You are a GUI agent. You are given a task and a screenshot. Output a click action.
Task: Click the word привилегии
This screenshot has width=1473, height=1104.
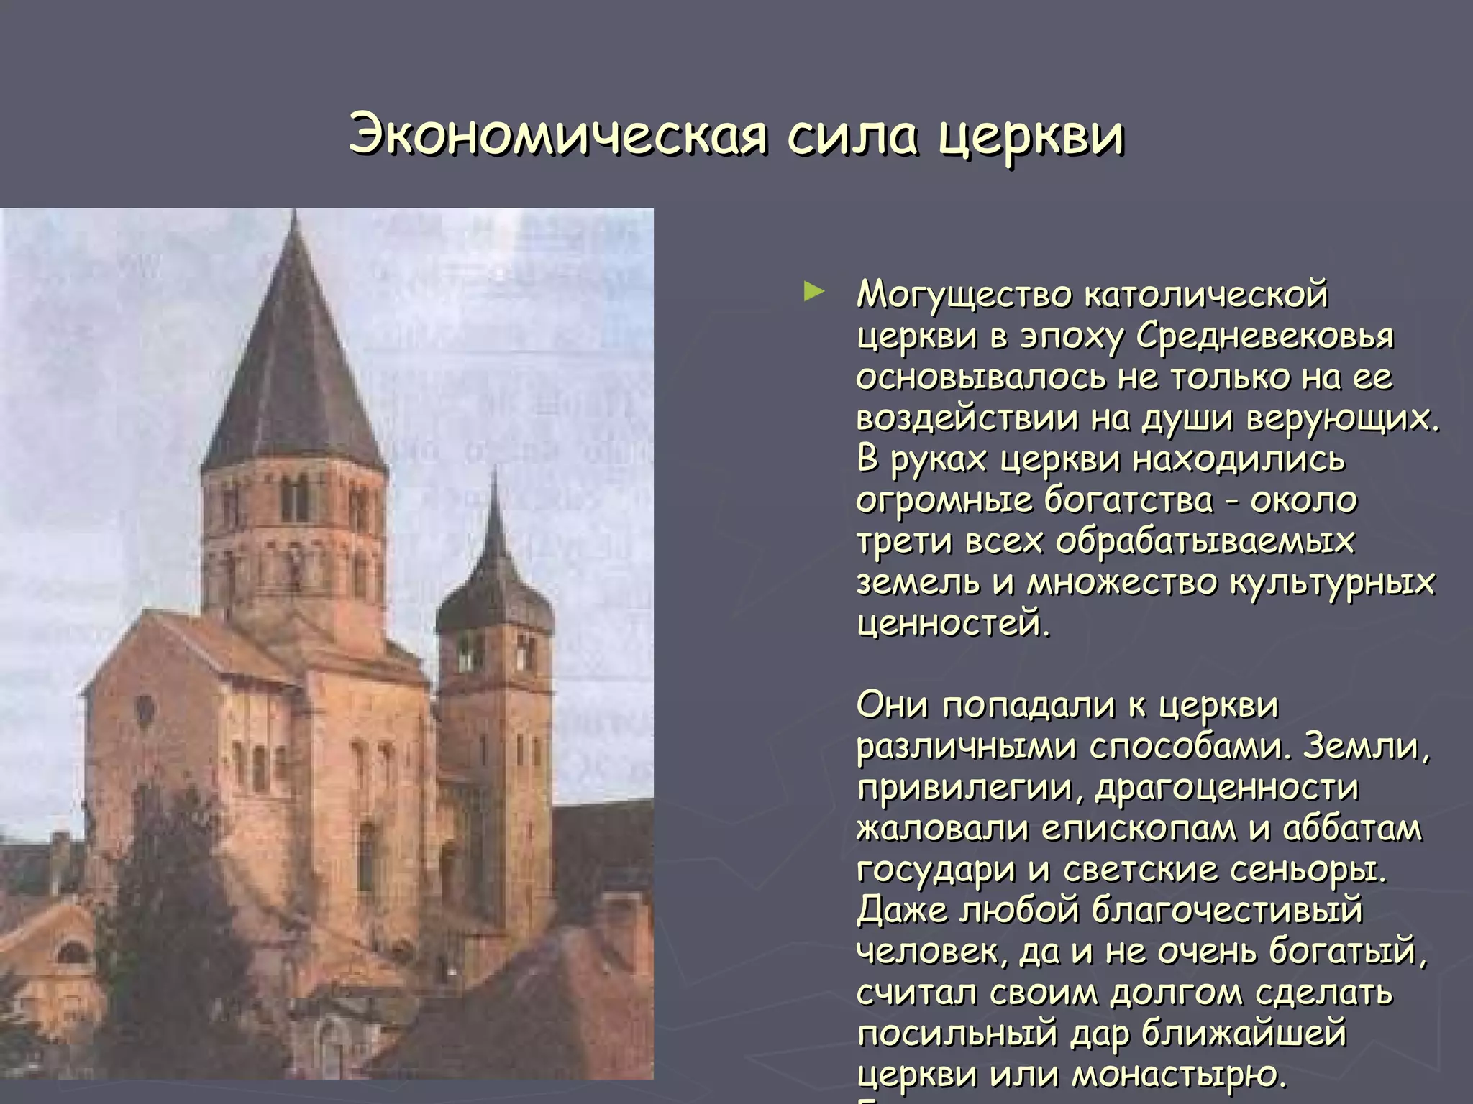(x=970, y=788)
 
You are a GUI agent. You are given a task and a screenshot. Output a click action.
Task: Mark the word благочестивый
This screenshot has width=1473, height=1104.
(x=1227, y=911)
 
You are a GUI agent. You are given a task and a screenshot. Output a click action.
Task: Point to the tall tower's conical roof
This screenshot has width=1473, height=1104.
(x=293, y=359)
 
